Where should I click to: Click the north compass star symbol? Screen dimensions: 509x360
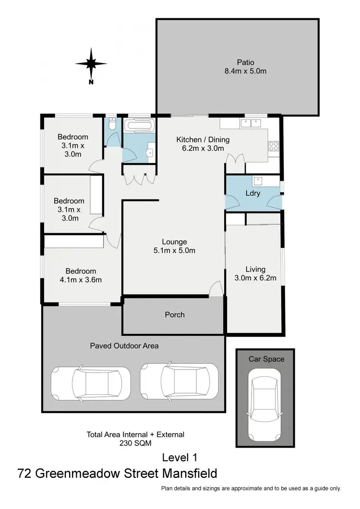tap(91, 63)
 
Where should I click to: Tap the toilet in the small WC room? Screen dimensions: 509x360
tap(111, 125)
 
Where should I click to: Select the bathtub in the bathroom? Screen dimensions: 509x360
tap(139, 127)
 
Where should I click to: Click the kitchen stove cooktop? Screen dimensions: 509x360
tap(274, 145)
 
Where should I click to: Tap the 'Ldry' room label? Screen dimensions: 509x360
tap(252, 193)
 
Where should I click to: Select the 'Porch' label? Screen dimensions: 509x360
tap(174, 315)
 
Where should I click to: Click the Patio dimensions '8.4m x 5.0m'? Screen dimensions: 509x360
tap(245, 71)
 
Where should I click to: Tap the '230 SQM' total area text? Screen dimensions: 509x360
tap(135, 444)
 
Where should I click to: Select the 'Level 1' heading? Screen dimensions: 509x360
tap(180, 457)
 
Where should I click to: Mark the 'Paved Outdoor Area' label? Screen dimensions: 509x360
tap(124, 345)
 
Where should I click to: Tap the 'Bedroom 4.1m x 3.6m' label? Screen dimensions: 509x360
tap(81, 275)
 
